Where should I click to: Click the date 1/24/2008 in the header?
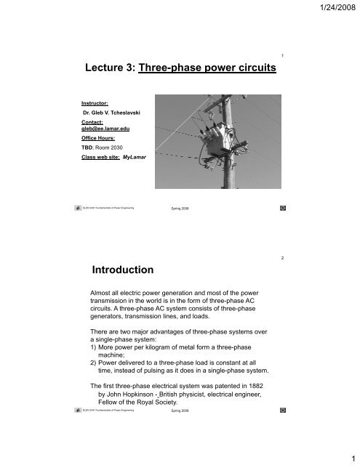[x=331, y=9]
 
